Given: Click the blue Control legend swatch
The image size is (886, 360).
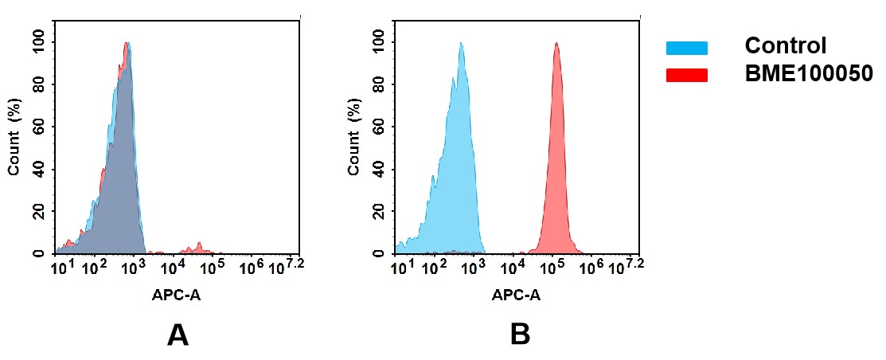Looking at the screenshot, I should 686,49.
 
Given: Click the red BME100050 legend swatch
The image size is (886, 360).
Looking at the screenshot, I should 686,75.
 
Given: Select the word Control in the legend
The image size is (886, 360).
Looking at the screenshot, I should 785,46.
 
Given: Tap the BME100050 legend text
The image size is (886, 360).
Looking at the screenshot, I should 809,74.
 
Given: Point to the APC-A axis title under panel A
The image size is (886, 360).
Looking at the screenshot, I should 176,295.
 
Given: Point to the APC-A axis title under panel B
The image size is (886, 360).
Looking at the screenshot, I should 516,295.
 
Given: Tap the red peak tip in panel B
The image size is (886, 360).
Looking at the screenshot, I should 556,44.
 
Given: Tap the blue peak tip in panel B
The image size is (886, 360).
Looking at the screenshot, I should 461,44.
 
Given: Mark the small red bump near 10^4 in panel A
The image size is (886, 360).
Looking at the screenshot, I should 198,246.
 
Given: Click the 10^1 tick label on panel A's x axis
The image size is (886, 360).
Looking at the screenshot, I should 60,268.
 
